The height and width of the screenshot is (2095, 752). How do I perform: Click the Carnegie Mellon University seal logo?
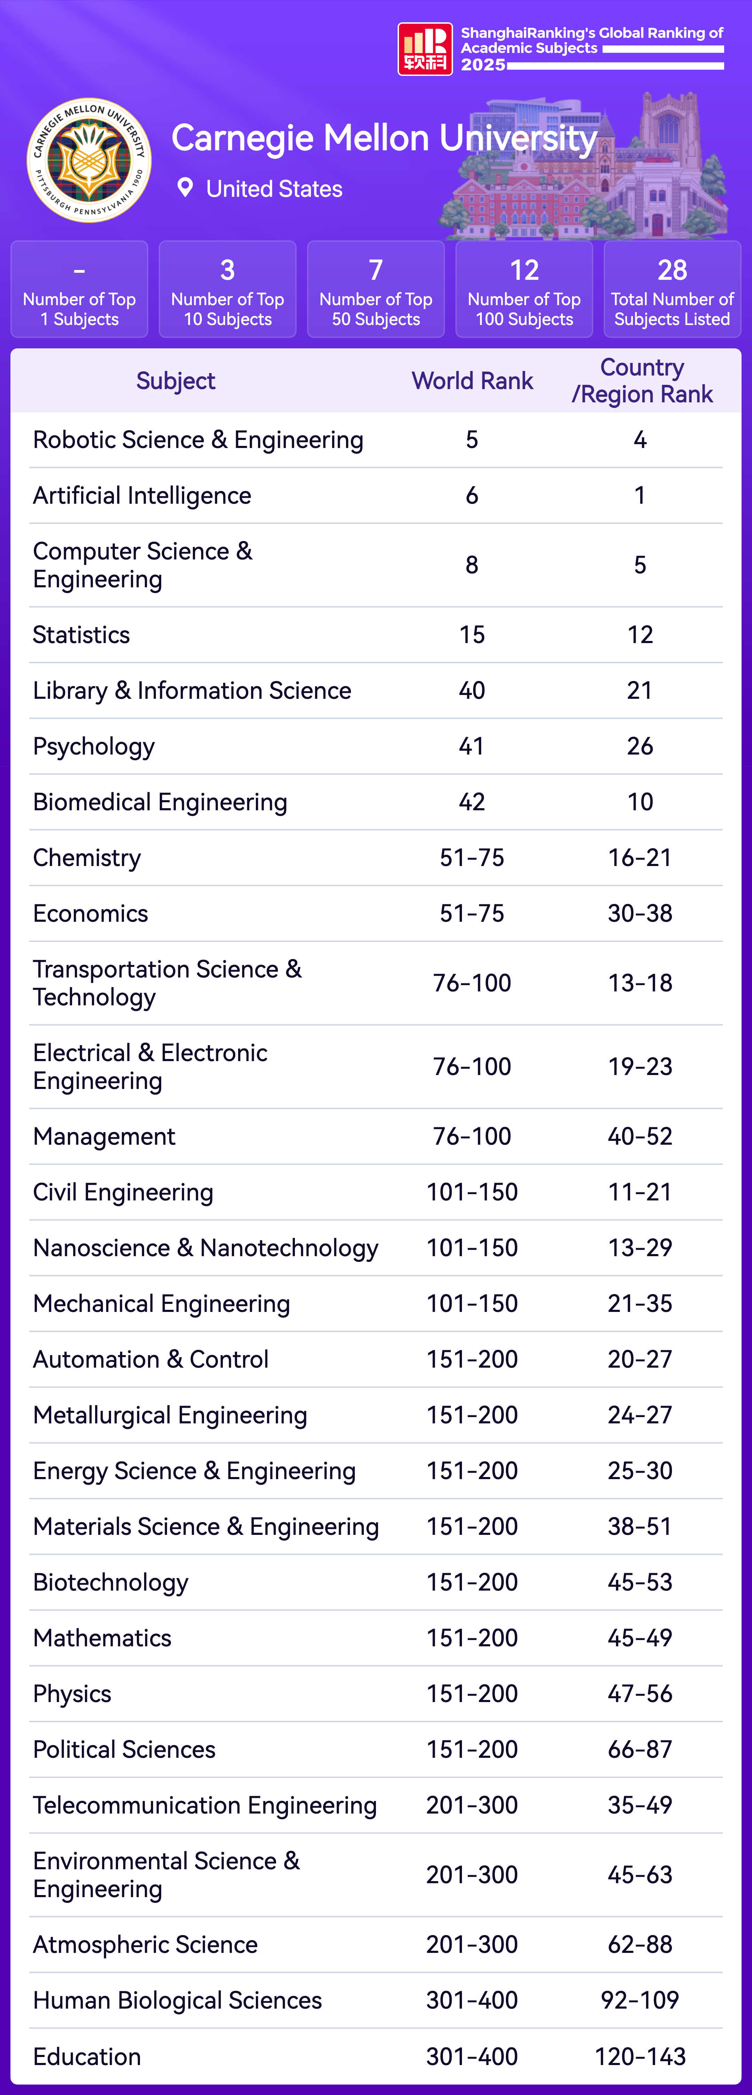[89, 160]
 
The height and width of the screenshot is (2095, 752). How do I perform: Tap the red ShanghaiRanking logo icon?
[424, 49]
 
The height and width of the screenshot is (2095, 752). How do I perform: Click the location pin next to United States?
[185, 188]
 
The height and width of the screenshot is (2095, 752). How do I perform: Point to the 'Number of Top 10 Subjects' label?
[228, 309]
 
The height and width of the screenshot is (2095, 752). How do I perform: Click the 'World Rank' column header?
[472, 381]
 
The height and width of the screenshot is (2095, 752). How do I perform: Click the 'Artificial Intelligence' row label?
[142, 495]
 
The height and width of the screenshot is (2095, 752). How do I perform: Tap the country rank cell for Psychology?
[640, 746]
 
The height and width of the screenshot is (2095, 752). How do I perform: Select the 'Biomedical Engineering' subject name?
[160, 802]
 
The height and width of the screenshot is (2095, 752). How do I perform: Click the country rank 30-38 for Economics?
[640, 913]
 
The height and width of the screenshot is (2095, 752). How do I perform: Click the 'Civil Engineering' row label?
[123, 1192]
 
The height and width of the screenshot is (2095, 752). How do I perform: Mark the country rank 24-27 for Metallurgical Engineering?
[640, 1415]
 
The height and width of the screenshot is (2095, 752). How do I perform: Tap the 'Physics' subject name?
[72, 1693]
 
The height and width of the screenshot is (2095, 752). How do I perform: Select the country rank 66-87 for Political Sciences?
[640, 1749]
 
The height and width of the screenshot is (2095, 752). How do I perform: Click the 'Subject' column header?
[175, 381]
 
